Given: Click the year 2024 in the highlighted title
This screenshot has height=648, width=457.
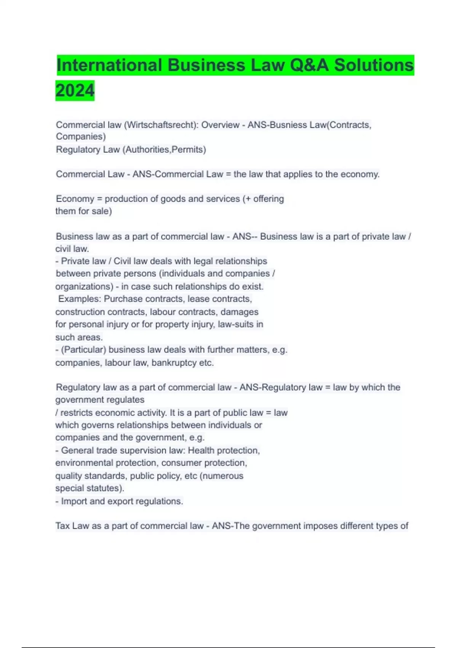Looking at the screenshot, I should point(75,91).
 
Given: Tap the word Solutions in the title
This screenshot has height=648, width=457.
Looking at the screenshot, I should point(374,65).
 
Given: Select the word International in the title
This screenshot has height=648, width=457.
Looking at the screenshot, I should point(110,65).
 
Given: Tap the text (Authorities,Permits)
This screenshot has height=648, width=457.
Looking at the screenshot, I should point(164,149).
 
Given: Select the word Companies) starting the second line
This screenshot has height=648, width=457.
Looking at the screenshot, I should point(81,136).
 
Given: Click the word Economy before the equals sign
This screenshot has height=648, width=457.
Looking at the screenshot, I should point(75,199).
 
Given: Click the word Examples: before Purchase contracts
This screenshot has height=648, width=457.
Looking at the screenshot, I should point(80,299).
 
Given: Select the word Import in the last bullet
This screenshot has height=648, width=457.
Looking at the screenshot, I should point(74,501).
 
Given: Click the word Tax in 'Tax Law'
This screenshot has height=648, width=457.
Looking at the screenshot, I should point(62,526).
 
